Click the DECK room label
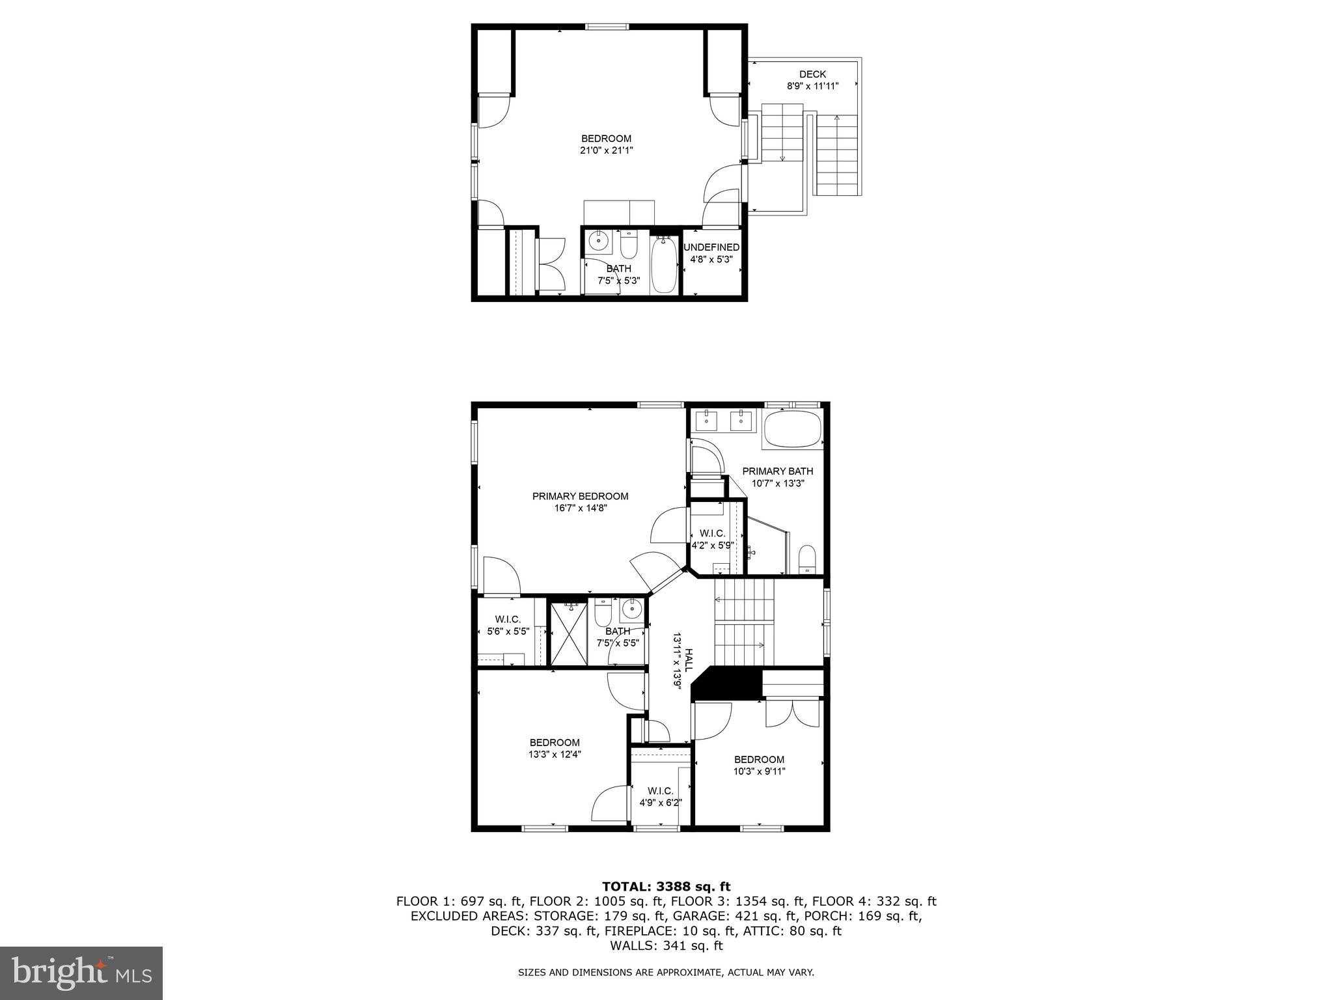812,74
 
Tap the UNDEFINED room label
711,247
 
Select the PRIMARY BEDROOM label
580,496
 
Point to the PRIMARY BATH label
777,471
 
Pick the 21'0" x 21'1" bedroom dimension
606,150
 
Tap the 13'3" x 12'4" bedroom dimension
555,755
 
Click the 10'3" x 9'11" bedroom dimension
759,771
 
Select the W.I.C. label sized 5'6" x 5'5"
508,619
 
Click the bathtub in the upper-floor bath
664,266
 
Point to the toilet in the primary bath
806,559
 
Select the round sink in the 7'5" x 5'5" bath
631,610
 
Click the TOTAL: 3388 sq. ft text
666,887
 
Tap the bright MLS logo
81,973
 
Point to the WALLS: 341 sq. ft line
666,946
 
